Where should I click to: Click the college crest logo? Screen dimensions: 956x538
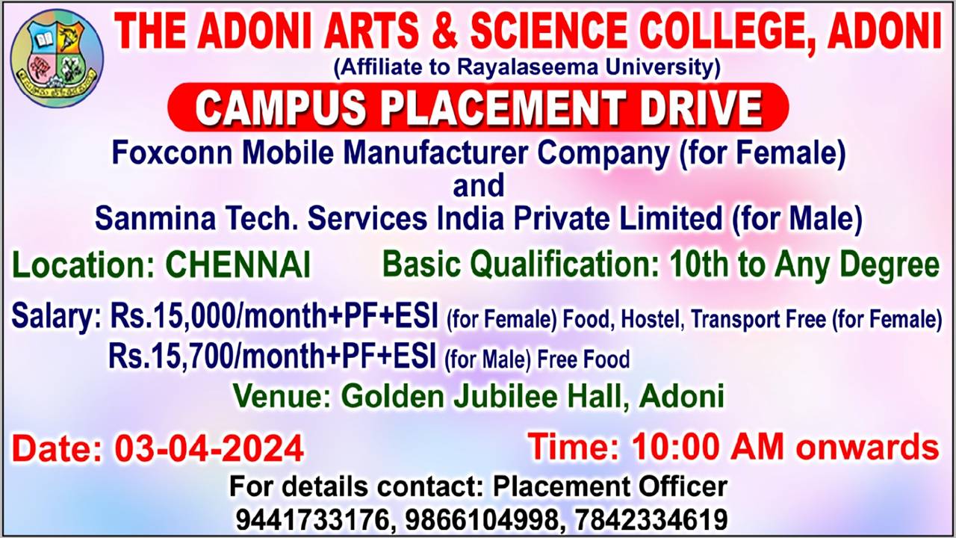[57, 58]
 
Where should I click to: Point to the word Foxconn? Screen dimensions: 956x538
[172, 153]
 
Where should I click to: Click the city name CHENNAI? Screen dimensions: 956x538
[238, 265]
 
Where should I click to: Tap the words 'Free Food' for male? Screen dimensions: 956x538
[583, 359]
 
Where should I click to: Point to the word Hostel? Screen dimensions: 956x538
[650, 319]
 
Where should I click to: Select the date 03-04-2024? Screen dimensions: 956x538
[209, 449]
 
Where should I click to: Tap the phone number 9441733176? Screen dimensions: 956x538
[313, 519]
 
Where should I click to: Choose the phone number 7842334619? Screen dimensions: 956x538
[651, 519]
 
